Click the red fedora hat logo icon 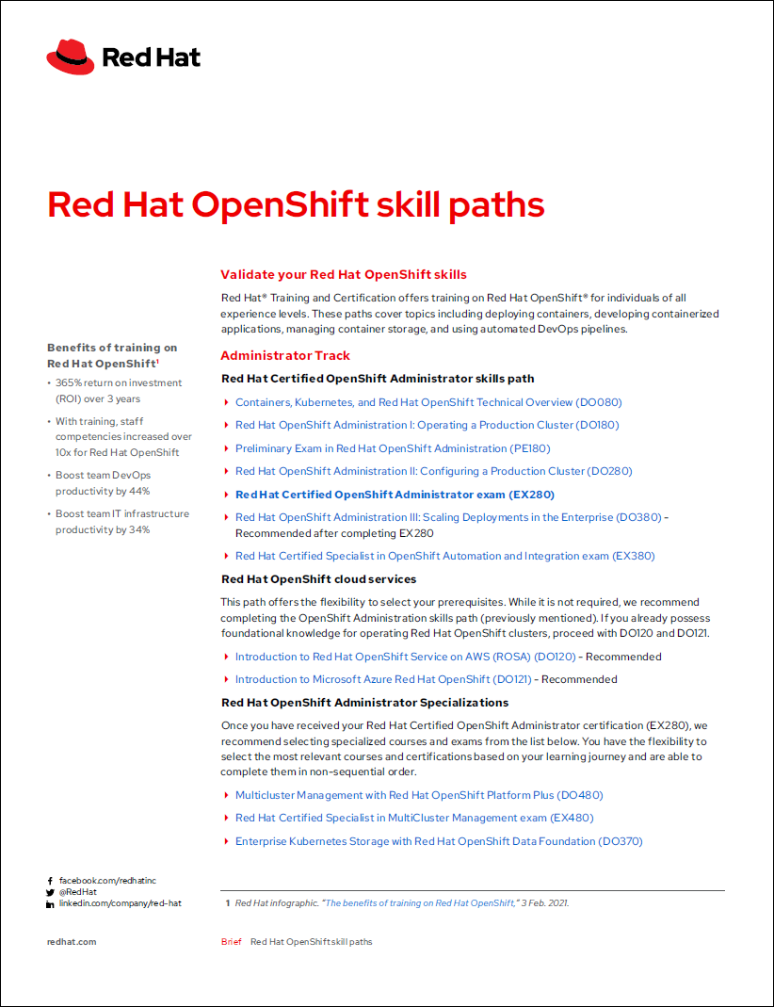pos(71,57)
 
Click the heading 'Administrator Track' pos(285,355)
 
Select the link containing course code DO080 pos(428,402)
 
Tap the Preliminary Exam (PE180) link pos(393,448)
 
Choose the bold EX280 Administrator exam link pos(395,495)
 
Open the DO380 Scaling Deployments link pos(448,517)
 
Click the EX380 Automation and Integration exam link pos(444,556)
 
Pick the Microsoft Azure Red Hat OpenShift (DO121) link pos(383,679)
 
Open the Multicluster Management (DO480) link pos(419,795)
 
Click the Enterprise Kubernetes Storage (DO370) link pos(439,841)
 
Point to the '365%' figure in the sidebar pos(70,383)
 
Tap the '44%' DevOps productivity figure pos(139,491)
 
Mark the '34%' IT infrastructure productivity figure pos(139,529)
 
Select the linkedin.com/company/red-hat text pos(120,903)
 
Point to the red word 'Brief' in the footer pos(231,942)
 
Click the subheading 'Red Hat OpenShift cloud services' pos(318,579)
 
